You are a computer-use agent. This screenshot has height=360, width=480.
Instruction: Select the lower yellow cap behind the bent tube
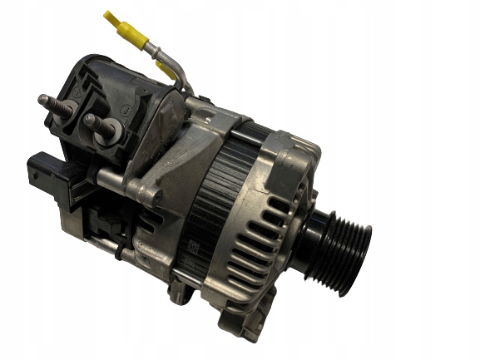pyautogui.click(x=166, y=72)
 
